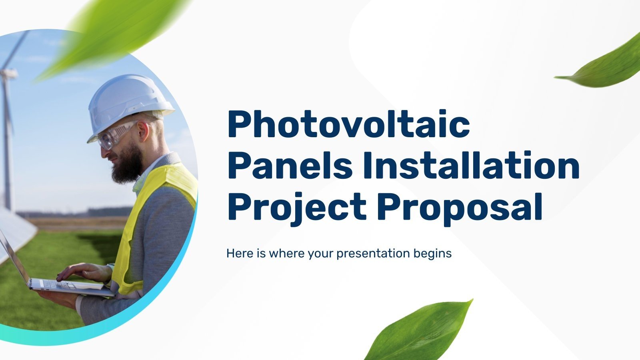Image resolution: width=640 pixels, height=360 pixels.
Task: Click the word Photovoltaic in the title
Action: tap(348, 125)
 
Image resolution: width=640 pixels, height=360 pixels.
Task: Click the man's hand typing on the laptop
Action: tap(86, 272)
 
